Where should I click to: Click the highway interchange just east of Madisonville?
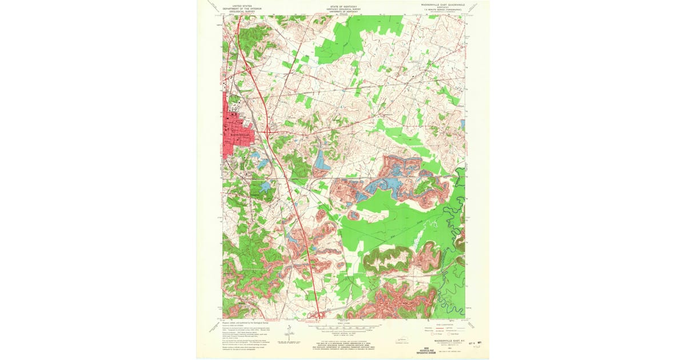click(267, 131)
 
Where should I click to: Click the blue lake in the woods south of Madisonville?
click(264, 187)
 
